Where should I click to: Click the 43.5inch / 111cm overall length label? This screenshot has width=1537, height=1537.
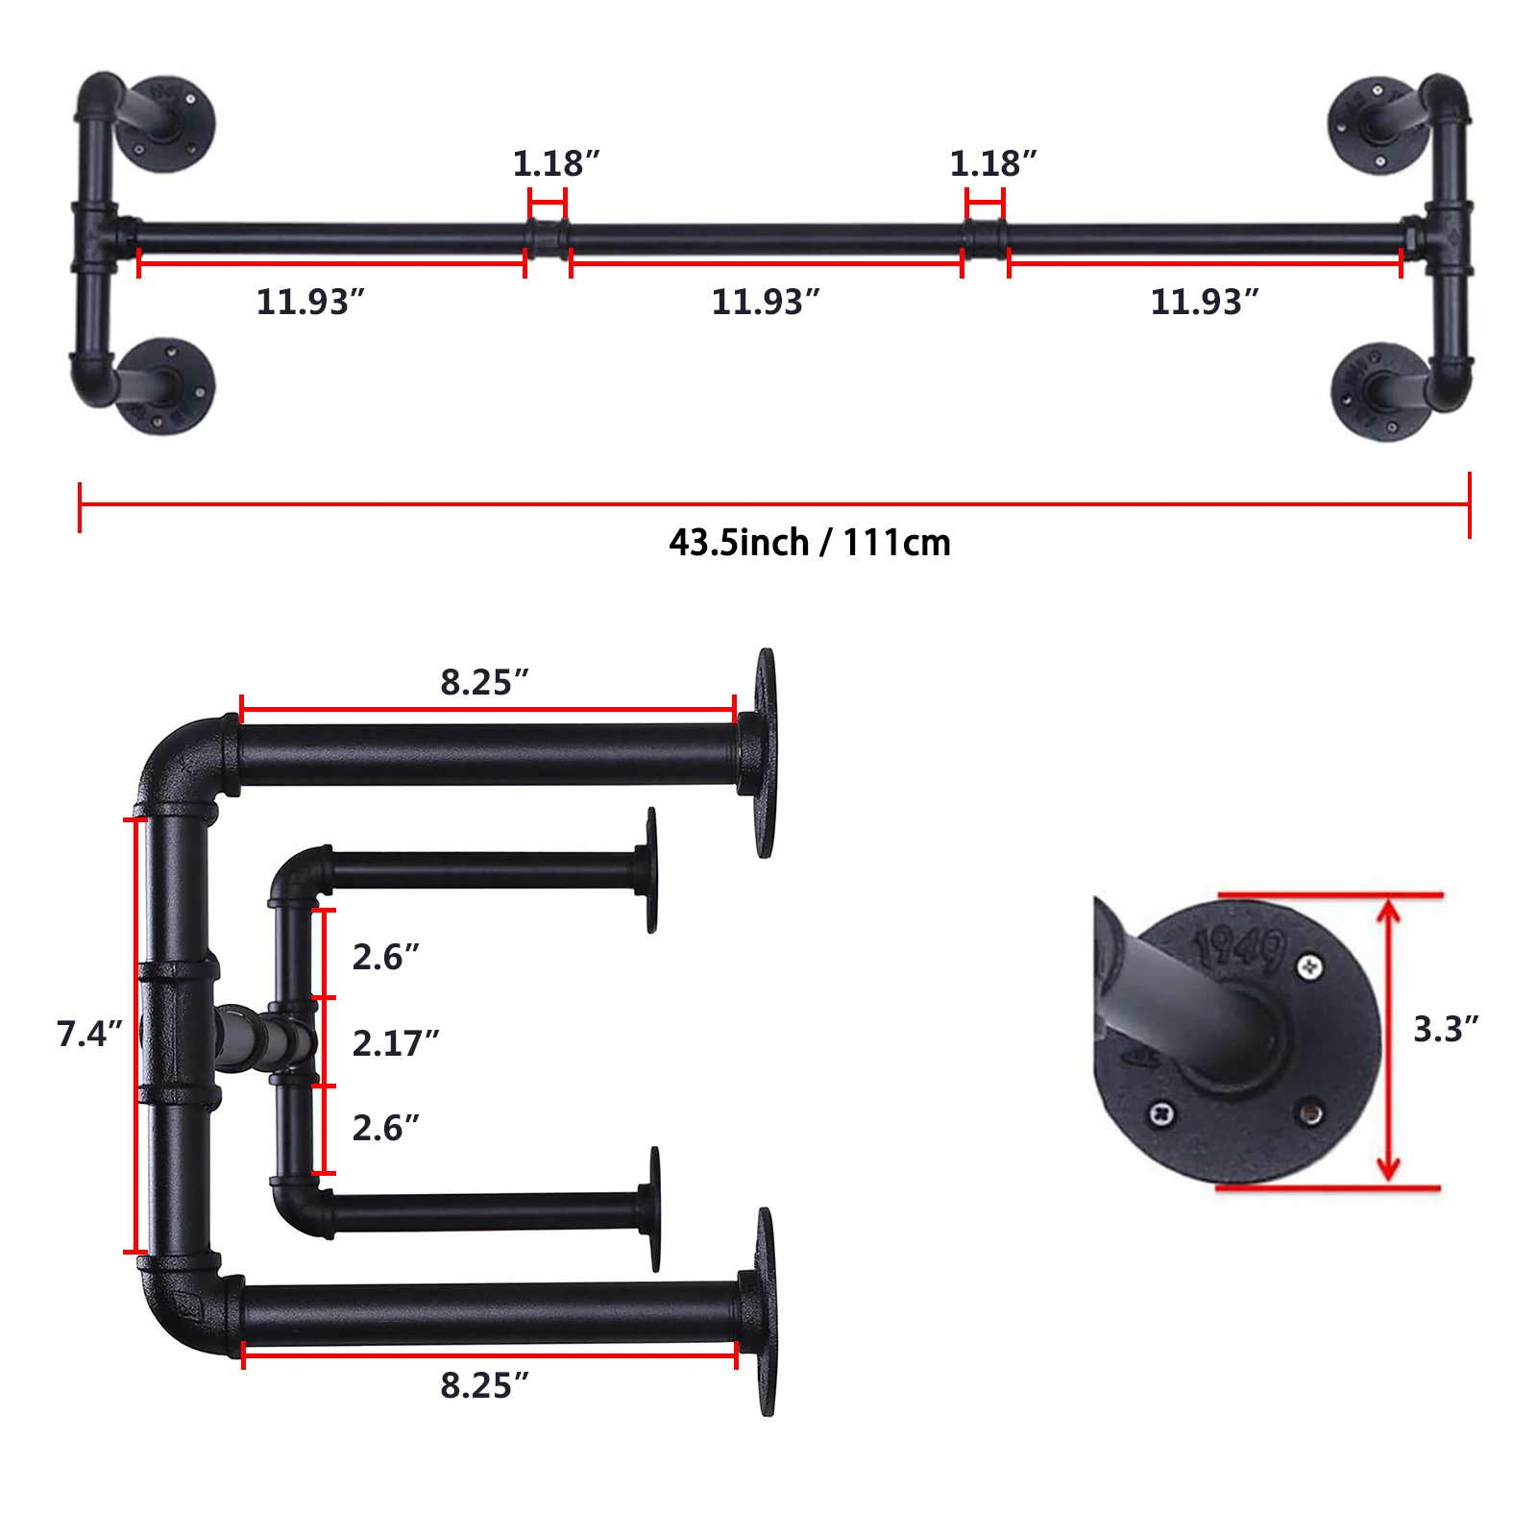click(x=810, y=543)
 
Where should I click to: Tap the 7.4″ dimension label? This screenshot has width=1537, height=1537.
click(x=89, y=1034)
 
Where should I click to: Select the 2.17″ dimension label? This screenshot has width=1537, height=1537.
click(x=395, y=1042)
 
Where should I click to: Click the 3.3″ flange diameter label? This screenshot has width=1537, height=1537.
click(x=1445, y=1029)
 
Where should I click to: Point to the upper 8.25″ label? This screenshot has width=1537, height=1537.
click(x=484, y=682)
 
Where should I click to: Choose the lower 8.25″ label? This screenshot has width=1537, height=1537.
click(x=484, y=1385)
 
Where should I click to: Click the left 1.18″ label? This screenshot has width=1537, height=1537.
click(x=555, y=163)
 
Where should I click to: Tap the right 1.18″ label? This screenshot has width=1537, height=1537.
click(x=992, y=163)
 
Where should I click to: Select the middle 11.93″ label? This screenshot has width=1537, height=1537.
click(x=765, y=302)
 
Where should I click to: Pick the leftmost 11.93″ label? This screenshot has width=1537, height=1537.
click(x=310, y=302)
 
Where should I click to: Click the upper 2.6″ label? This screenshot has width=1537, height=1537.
click(x=385, y=957)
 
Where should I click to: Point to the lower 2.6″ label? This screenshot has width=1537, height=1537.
click(x=385, y=1128)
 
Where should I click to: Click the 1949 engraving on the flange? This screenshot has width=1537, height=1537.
click(x=1239, y=947)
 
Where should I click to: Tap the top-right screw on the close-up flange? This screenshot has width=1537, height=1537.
click(x=1309, y=966)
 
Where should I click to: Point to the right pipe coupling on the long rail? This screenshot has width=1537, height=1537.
click(x=986, y=236)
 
